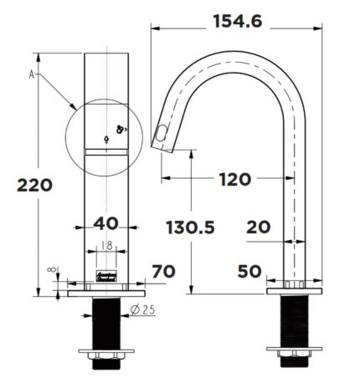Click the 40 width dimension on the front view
pyautogui.click(x=106, y=224)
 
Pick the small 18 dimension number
pyautogui.click(x=107, y=245)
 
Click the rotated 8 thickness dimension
pyautogui.click(x=52, y=269)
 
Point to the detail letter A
pyautogui.click(x=32, y=75)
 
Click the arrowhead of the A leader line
pyautogui.click(x=76, y=106)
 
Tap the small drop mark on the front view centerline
pyautogui.click(x=107, y=139)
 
